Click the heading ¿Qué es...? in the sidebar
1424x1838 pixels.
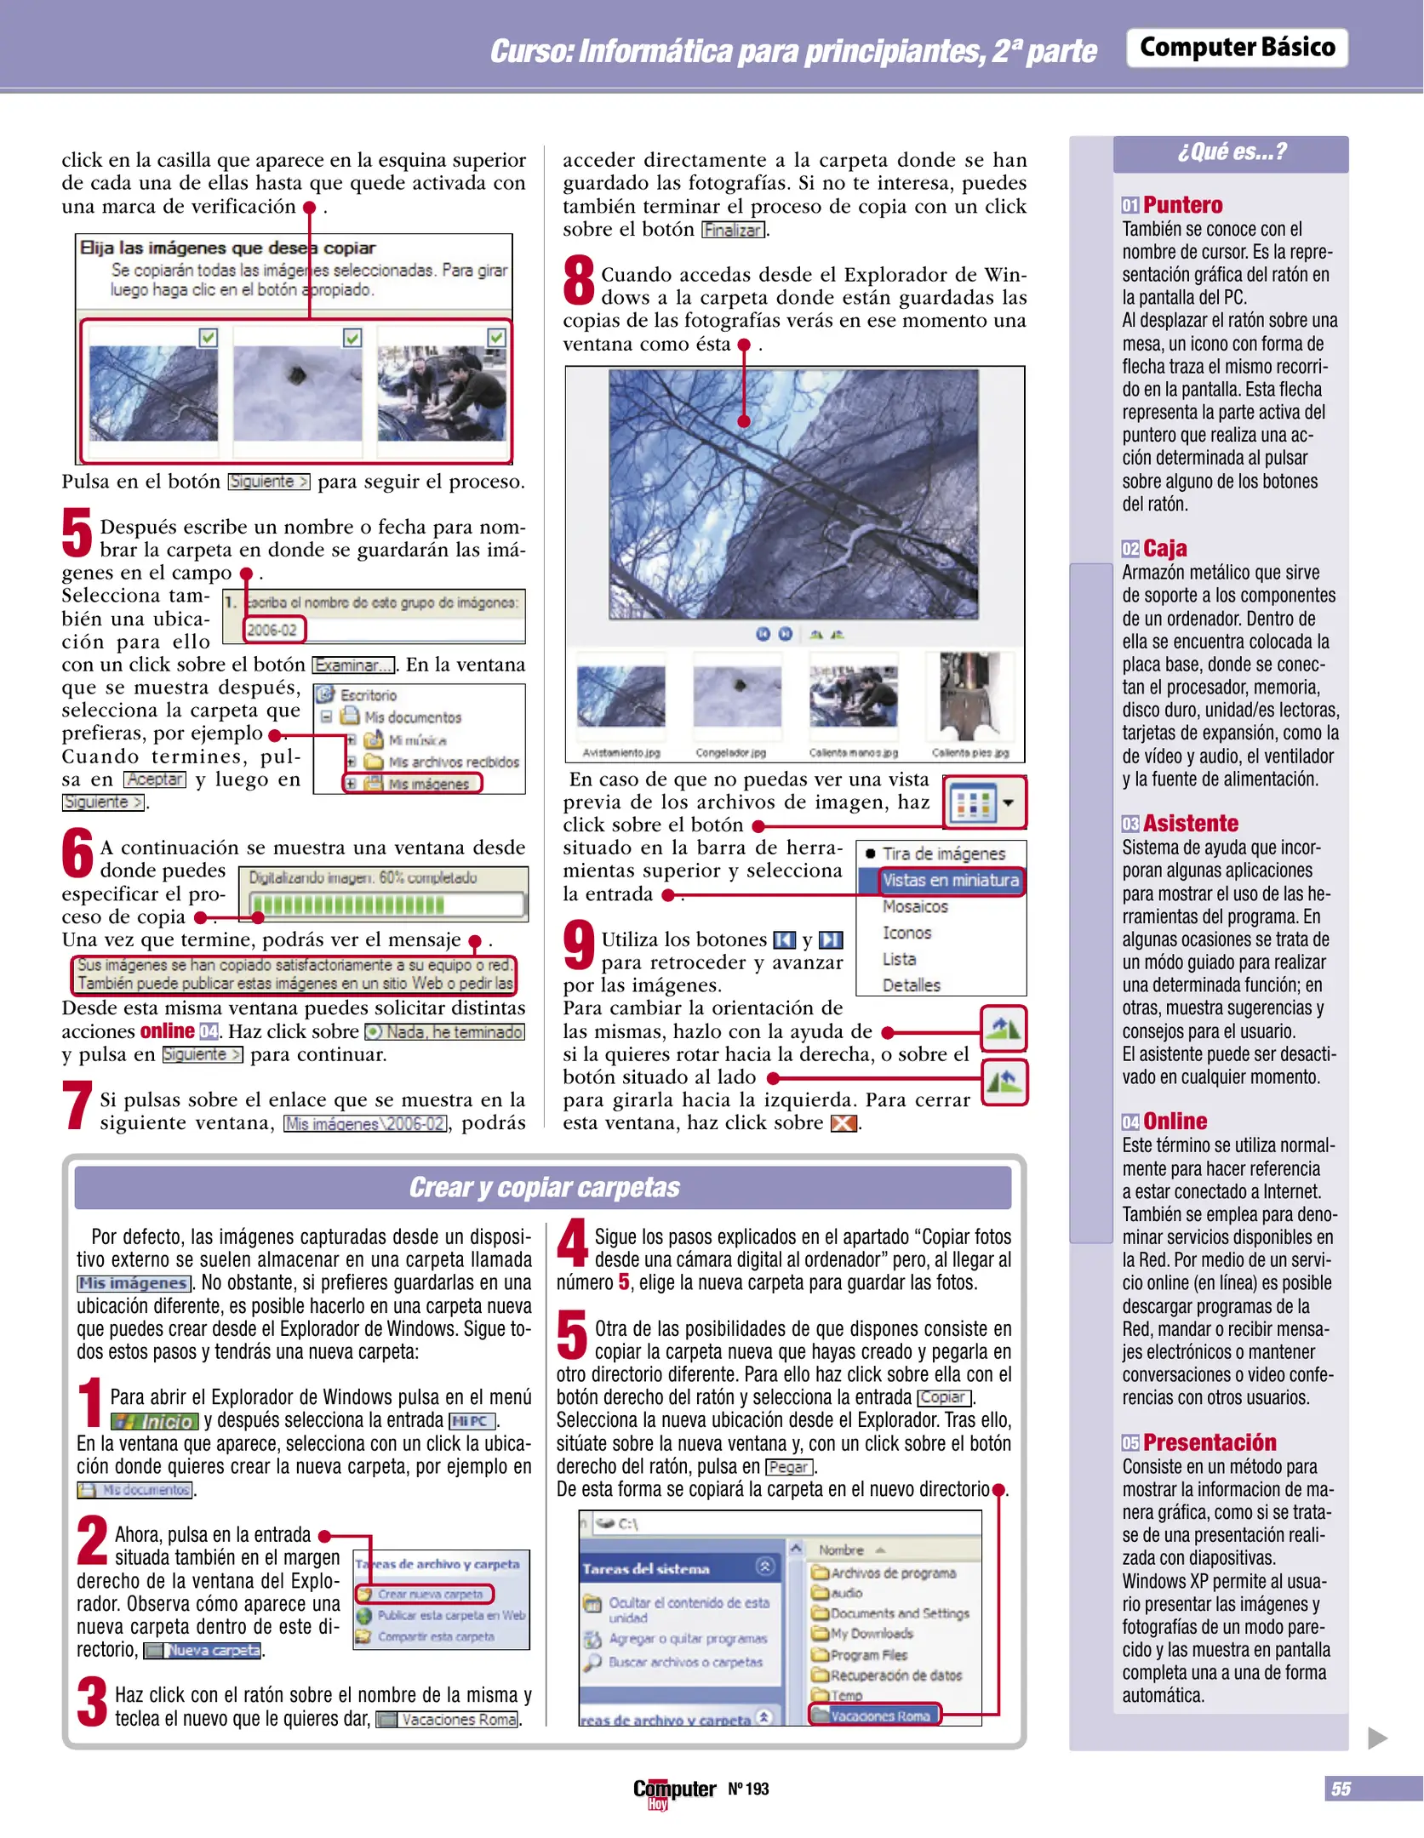1231,152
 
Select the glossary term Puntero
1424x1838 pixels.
1181,205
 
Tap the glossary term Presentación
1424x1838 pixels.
1209,1442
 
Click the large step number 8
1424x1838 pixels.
579,282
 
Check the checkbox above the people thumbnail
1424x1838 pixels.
496,338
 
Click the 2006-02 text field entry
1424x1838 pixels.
272,630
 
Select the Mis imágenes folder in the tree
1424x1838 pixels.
427,784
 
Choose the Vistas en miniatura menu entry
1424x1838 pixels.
949,881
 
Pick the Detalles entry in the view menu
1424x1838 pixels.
911,985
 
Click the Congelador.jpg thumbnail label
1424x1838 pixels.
730,753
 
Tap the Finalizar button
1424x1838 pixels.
733,231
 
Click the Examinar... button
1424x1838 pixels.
353,665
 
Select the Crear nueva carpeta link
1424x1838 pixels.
430,1594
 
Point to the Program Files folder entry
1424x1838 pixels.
868,1655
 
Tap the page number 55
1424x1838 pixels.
1341,1789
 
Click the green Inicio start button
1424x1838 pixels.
155,1422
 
